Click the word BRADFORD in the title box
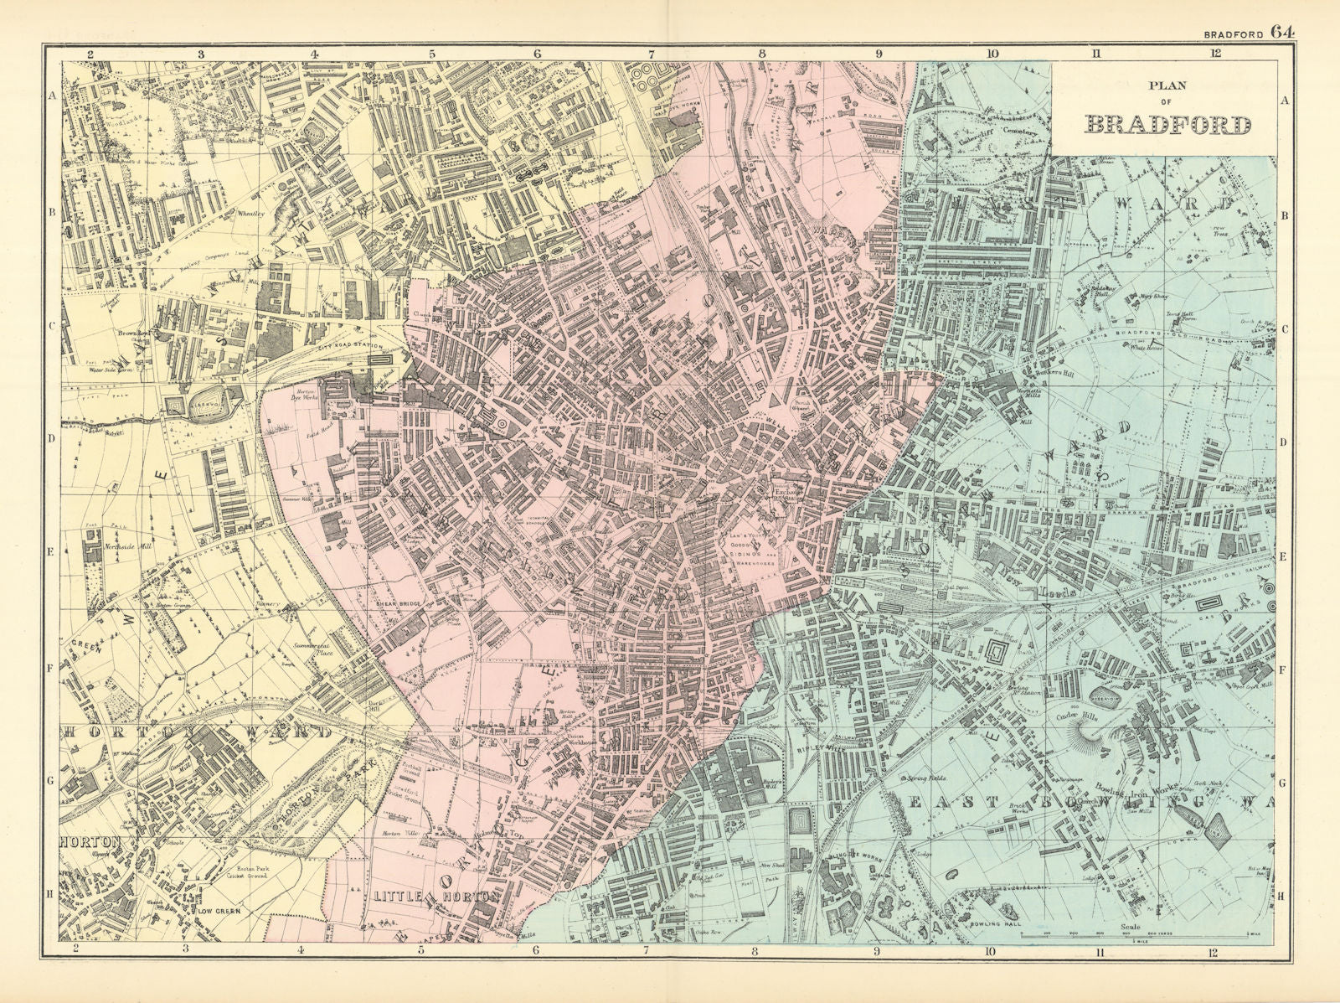1167,126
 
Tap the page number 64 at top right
1281,32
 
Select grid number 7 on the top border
651,54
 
